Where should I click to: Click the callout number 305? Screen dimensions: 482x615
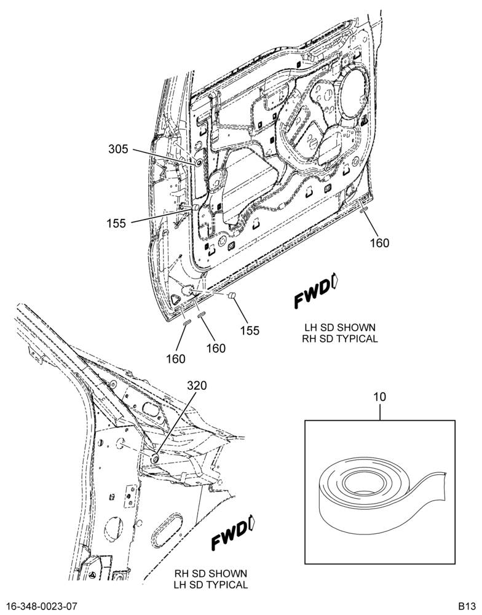[119, 149]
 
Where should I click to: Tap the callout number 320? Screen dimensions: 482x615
[197, 386]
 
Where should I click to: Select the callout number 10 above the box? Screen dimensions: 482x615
[380, 397]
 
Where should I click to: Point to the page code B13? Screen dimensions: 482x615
[467, 606]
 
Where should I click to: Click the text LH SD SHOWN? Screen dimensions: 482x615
[339, 327]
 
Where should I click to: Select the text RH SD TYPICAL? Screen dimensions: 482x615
[339, 338]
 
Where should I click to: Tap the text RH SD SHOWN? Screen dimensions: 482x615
[211, 573]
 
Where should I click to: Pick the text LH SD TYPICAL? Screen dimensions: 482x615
[211, 585]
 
